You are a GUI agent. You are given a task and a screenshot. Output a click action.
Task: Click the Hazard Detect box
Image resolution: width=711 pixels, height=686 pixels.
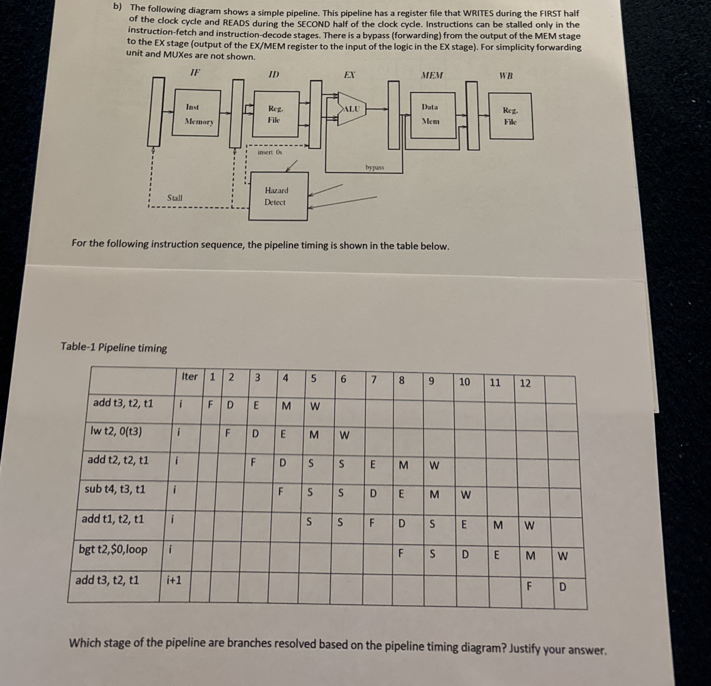click(x=277, y=196)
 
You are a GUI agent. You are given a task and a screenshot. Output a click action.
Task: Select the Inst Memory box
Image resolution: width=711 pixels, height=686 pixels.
click(x=196, y=114)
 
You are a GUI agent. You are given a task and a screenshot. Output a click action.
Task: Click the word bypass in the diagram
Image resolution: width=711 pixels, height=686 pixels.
click(x=374, y=168)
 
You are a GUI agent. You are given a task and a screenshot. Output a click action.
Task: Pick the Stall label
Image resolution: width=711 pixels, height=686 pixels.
click(x=174, y=198)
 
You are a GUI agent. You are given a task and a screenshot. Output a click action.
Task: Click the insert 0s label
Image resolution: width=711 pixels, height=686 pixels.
click(x=269, y=152)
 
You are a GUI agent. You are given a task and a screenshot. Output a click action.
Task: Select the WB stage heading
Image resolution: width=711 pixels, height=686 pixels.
click(x=506, y=76)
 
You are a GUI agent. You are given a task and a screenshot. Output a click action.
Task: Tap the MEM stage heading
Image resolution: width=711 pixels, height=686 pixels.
click(x=432, y=75)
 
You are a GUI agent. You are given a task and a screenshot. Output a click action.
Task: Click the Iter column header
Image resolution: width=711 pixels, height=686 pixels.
click(x=189, y=376)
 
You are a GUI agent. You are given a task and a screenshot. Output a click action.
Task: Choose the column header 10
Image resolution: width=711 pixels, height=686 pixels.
click(x=464, y=382)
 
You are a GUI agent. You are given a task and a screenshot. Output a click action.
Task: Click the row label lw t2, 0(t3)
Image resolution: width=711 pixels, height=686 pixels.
click(x=116, y=432)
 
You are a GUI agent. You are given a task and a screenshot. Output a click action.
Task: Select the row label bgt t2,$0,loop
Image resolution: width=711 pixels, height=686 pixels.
click(x=113, y=549)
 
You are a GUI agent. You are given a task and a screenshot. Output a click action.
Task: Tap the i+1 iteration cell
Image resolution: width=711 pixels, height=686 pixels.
click(x=174, y=580)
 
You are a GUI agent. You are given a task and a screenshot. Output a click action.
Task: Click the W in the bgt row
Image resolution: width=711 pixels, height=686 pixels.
click(x=562, y=556)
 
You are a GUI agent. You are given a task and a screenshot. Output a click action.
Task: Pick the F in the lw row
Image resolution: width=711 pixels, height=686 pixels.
click(x=227, y=433)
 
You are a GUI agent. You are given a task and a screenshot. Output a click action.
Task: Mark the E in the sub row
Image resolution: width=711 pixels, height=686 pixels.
click(x=401, y=494)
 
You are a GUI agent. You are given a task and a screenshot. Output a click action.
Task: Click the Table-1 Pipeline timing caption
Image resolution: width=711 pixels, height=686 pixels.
click(x=114, y=347)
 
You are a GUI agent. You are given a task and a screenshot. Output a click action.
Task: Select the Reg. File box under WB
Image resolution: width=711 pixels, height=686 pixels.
click(x=510, y=116)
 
